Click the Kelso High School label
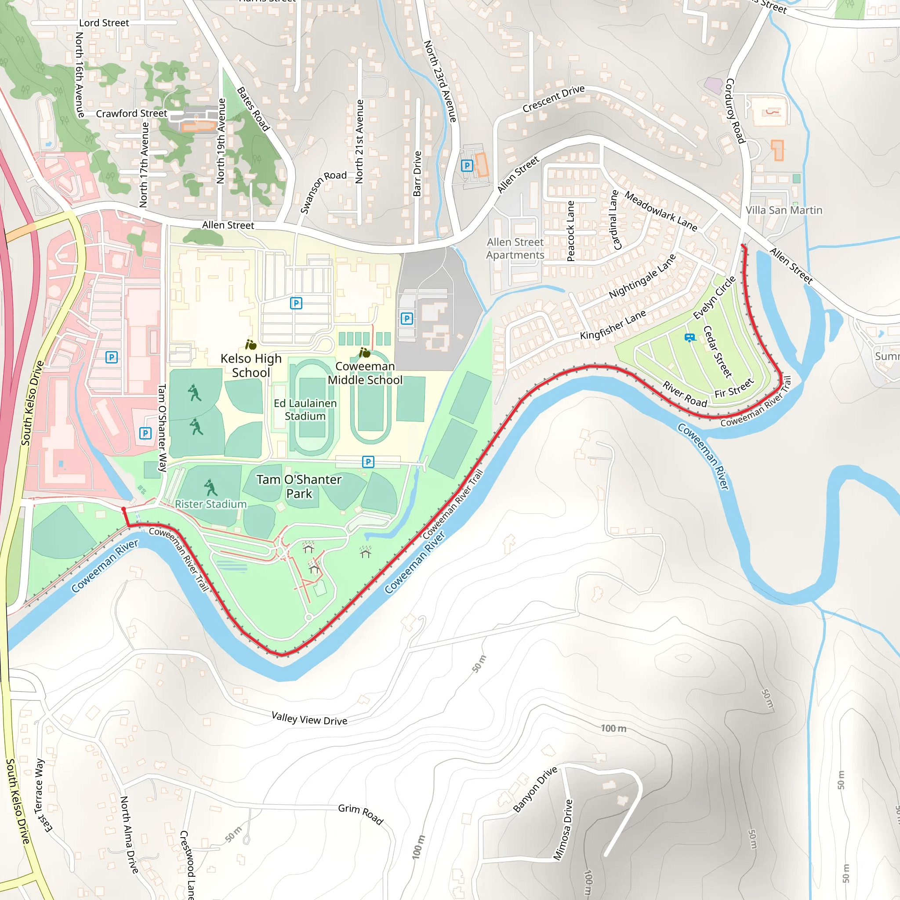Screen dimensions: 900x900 [251, 366]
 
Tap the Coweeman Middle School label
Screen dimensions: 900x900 [365, 373]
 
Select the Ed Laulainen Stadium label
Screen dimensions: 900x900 [305, 410]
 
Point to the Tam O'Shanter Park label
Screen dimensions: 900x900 [299, 486]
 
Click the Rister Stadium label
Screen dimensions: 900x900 [210, 504]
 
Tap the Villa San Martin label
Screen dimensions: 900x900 [784, 210]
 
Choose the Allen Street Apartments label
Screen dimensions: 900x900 [515, 248]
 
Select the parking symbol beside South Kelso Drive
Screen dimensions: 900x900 [111, 357]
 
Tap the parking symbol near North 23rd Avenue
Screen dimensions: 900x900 [467, 165]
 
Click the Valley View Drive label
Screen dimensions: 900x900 [309, 719]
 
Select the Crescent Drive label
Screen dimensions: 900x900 [553, 99]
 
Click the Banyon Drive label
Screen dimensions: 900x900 [535, 789]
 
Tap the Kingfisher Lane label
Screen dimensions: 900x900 [613, 324]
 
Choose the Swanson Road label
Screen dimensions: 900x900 [323, 192]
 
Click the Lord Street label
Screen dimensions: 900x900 [104, 23]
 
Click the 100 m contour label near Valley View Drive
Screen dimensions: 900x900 [613, 728]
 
